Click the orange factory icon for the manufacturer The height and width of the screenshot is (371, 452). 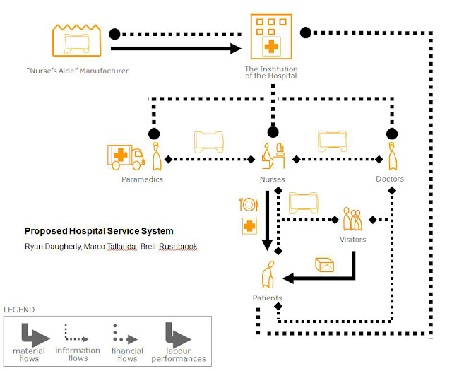point(75,40)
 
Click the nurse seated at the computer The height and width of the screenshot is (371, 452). point(271,155)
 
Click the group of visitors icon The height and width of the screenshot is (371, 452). point(352,219)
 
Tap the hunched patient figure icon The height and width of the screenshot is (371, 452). point(268,276)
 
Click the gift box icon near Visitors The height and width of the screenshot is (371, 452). point(326,265)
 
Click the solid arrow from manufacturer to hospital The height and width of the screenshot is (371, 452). point(177,49)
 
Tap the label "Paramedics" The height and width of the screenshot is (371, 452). point(141,179)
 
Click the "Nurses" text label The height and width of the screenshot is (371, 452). point(272,179)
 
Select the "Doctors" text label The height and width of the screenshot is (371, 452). point(390,179)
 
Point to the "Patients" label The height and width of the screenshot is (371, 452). point(268,298)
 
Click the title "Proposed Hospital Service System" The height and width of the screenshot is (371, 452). point(99,231)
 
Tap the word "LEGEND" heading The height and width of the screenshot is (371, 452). point(19,310)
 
